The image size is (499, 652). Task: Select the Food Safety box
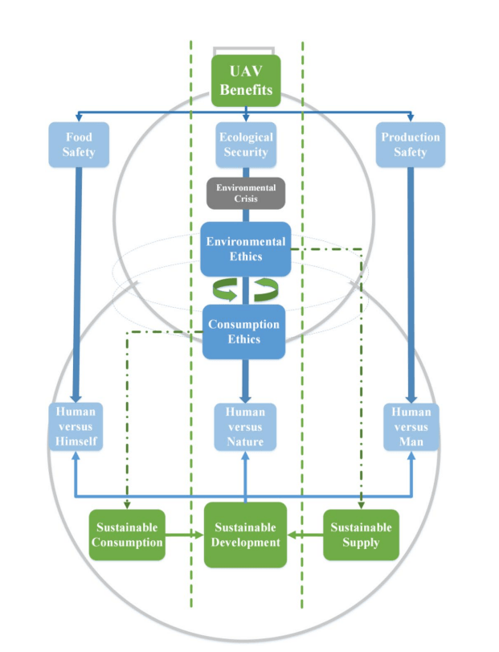coord(78,144)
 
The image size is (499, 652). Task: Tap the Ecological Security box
coord(245,144)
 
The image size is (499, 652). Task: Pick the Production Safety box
coord(411,144)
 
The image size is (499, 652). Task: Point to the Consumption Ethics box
coord(244,331)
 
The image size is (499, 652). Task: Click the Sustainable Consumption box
coord(127,535)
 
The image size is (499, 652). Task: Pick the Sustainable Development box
coord(245,535)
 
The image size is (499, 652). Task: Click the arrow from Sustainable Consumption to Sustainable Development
coord(184,535)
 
